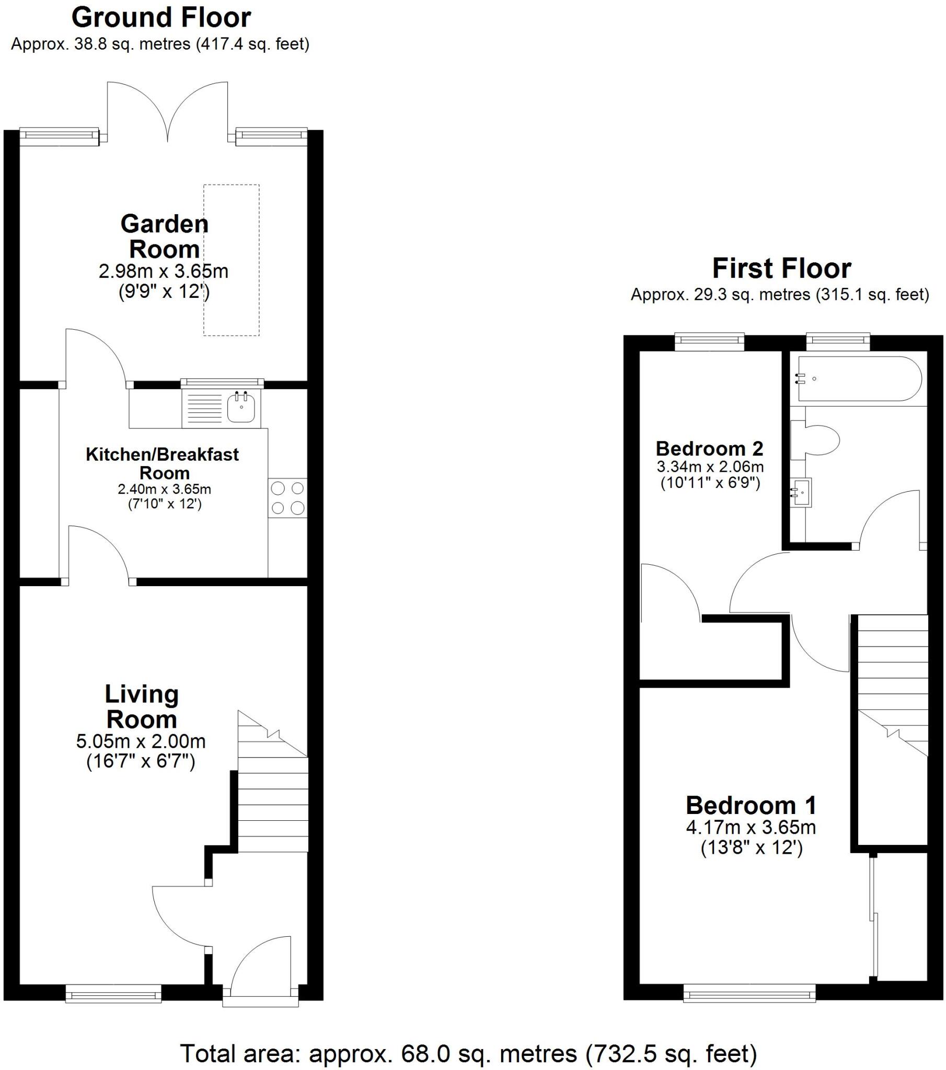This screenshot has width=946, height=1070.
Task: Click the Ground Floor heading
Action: coord(161,18)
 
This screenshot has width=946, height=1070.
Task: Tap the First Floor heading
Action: coord(781,269)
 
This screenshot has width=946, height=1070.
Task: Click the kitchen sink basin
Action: coord(241,408)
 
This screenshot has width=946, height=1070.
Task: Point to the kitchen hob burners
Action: coord(287,498)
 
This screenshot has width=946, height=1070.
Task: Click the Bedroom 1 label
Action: coord(751,805)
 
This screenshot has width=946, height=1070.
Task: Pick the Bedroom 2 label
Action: coord(709,449)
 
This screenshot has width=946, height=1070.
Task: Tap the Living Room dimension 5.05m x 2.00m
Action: coord(141,741)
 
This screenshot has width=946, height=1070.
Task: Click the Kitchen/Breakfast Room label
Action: coord(163,463)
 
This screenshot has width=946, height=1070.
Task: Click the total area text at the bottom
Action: coord(468,1053)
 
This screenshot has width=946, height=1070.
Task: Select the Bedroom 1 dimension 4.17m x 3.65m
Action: coord(751,828)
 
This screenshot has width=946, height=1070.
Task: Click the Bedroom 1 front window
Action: coord(749,993)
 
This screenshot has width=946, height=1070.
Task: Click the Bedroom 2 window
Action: coord(709,342)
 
